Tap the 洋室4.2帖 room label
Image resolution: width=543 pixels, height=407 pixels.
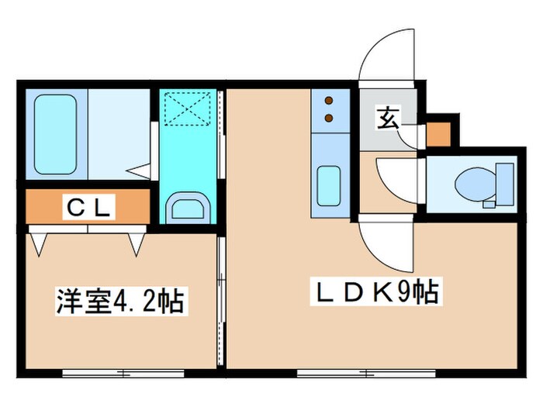(120, 301)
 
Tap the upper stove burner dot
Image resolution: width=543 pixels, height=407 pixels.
(327, 101)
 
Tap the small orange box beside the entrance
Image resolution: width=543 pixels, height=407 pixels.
(438, 134)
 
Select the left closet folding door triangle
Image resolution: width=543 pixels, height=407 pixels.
(40, 243)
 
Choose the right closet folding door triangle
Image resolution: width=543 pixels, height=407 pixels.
(137, 243)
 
